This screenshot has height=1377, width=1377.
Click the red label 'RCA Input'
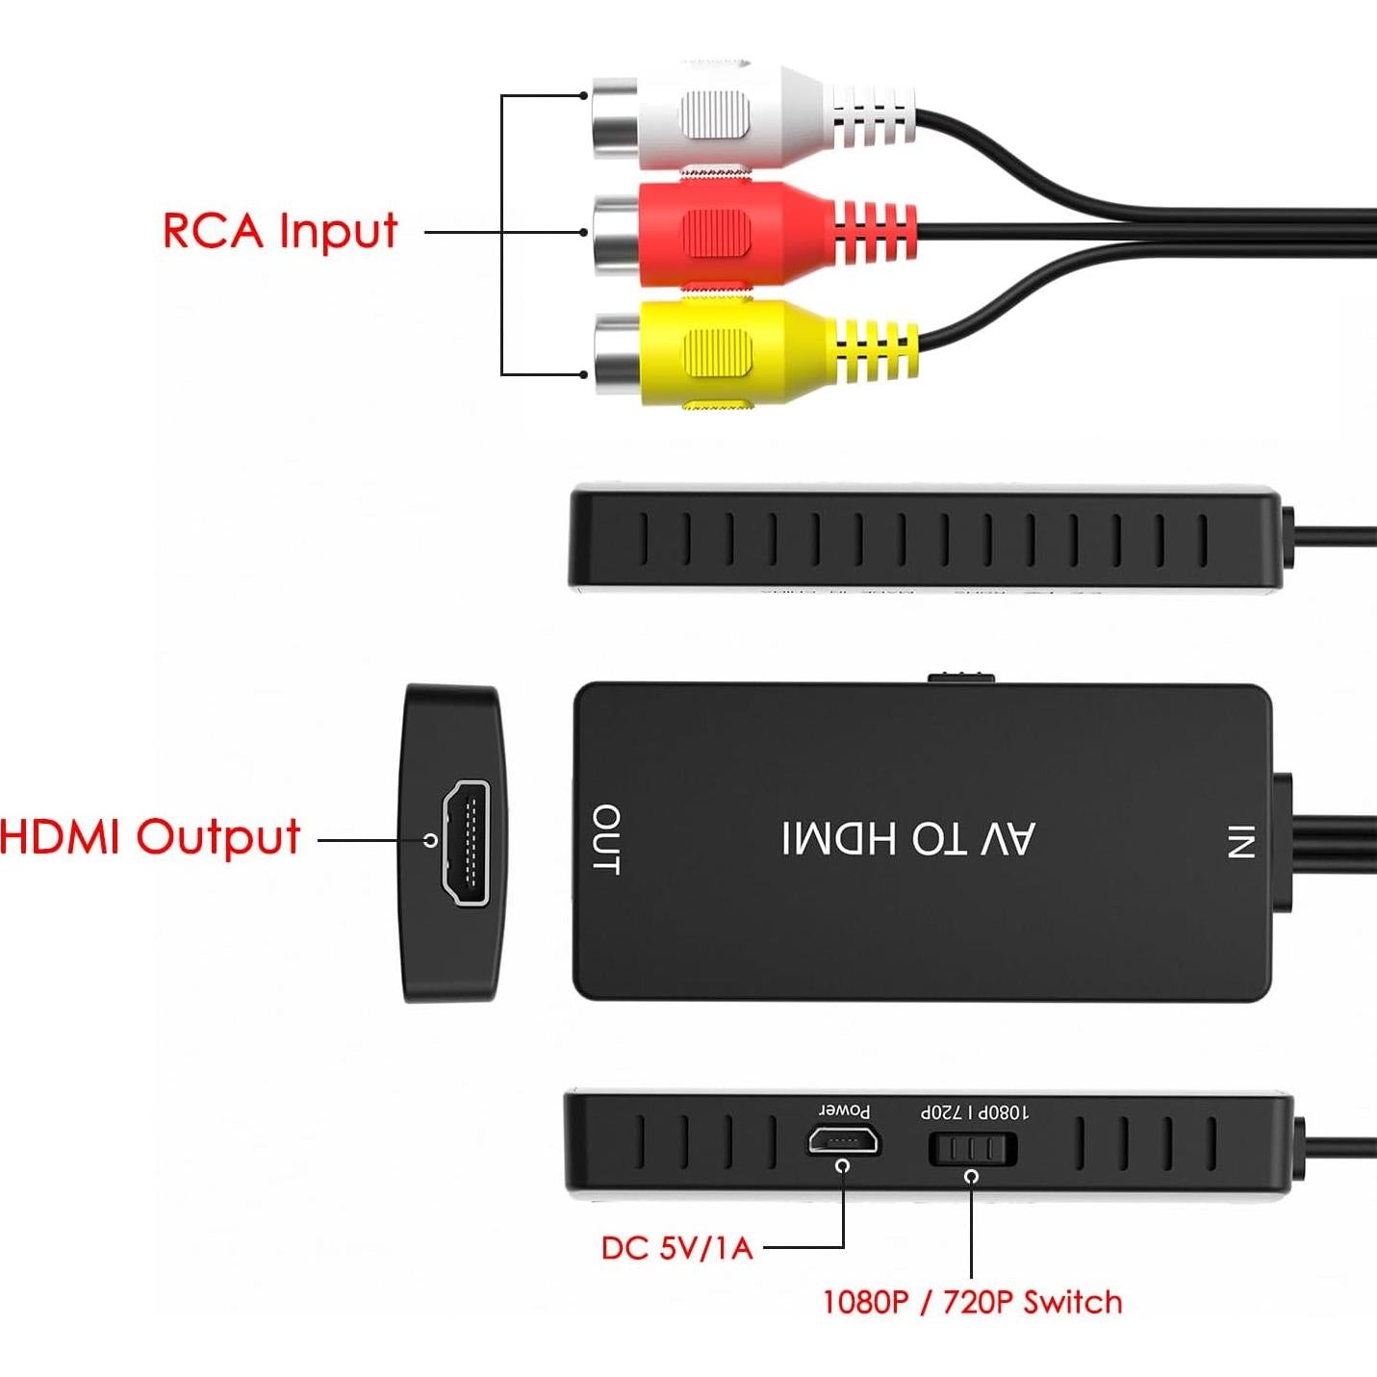[x=280, y=231]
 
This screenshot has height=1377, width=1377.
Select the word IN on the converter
[x=1239, y=841]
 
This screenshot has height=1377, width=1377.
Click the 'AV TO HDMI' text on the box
[x=908, y=839]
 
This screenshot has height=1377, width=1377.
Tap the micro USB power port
[x=842, y=1142]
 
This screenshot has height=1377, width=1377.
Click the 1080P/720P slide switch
[x=972, y=1149]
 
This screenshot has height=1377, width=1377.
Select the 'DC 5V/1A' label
[x=676, y=1248]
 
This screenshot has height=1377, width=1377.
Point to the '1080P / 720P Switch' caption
[x=972, y=1303]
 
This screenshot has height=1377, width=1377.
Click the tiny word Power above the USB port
[x=845, y=1111]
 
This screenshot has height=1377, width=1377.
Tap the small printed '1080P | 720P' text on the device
[x=974, y=1112]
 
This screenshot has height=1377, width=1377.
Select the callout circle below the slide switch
[x=972, y=1176]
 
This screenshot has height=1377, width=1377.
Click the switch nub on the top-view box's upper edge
[x=959, y=677]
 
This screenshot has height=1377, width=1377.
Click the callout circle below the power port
[x=844, y=1166]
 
